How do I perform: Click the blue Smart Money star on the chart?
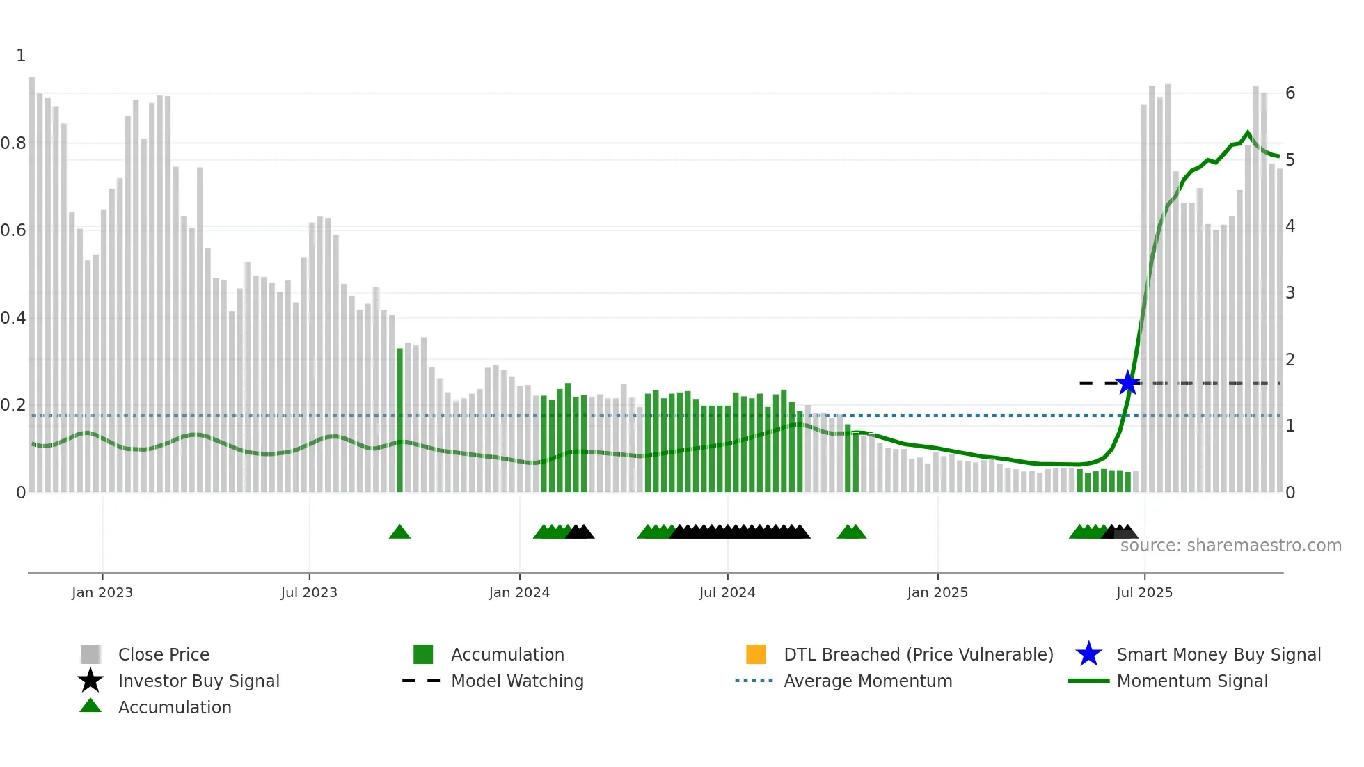click(1127, 383)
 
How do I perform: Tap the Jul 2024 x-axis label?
click(727, 592)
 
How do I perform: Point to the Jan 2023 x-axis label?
click(102, 592)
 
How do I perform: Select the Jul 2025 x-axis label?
click(1144, 592)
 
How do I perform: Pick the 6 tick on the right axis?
click(1290, 93)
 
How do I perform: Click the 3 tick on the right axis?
click(1290, 293)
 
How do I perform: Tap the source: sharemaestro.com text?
click(1230, 546)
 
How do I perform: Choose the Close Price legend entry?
click(164, 654)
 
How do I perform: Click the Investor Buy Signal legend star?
click(90, 681)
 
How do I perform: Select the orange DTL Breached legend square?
click(756, 654)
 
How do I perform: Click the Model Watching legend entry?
click(517, 681)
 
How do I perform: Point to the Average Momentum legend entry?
click(868, 681)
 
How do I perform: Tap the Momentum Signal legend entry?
click(1192, 681)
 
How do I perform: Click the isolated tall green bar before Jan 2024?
click(399, 418)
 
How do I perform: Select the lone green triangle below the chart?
click(399, 532)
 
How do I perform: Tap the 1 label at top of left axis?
click(21, 56)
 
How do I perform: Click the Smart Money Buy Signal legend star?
click(1088, 654)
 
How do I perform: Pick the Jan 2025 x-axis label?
click(937, 592)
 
